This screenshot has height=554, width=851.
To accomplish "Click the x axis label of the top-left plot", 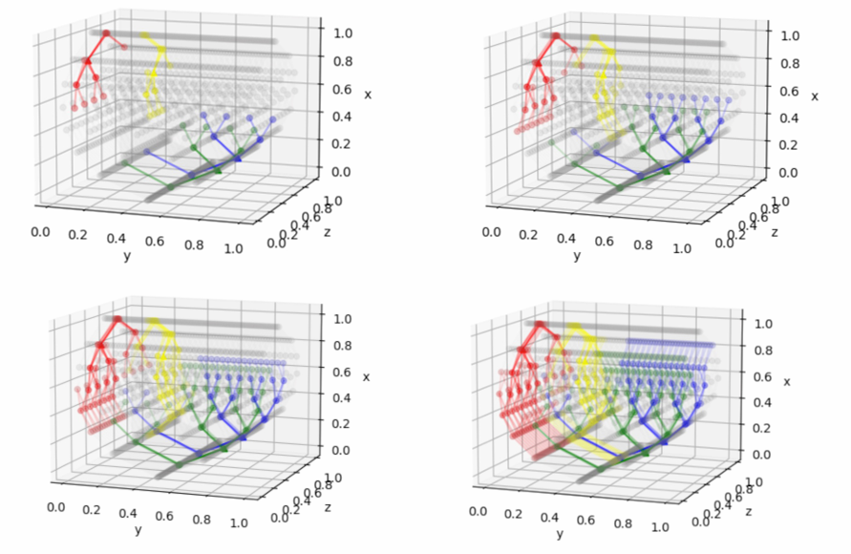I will click(368, 94).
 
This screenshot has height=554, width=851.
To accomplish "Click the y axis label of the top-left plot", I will click(126, 256).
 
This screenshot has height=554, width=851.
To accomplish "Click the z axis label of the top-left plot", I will click(326, 231).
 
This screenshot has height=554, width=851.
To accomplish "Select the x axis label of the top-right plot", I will click(815, 96).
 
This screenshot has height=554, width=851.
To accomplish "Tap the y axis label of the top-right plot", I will click(576, 257).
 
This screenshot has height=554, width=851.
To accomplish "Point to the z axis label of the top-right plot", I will click(775, 232).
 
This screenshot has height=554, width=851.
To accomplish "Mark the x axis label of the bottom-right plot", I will click(787, 382).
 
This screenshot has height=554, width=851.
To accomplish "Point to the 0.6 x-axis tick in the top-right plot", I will click(790, 91).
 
